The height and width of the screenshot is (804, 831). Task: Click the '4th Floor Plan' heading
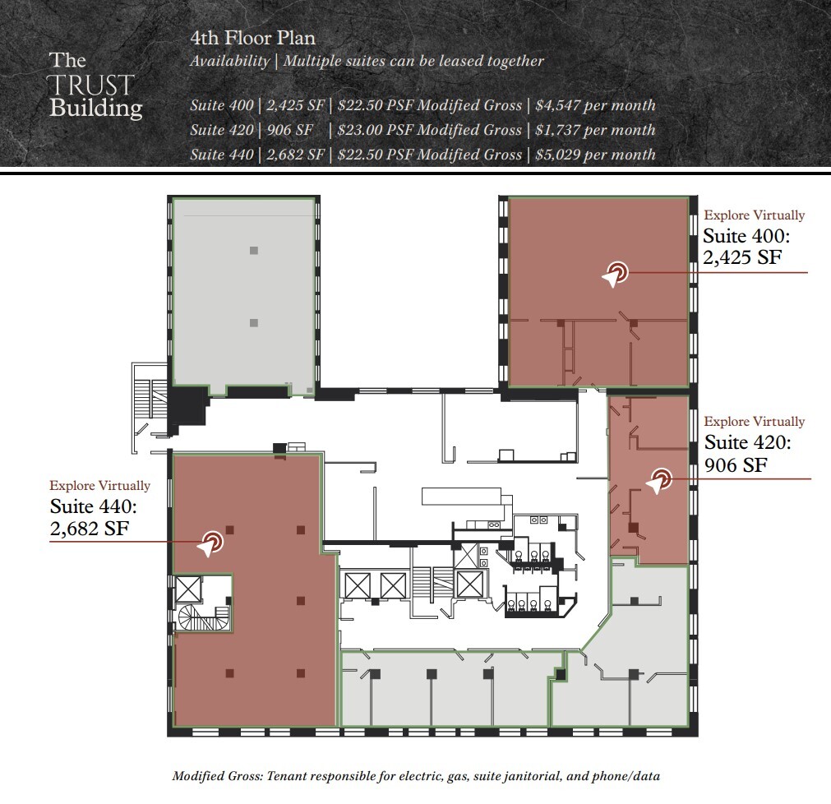point(252,38)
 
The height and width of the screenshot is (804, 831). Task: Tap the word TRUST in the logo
point(90,85)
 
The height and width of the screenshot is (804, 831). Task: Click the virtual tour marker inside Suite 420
point(658,481)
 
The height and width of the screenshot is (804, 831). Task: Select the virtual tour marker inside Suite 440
point(210,543)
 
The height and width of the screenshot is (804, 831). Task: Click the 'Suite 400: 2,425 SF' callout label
point(746,247)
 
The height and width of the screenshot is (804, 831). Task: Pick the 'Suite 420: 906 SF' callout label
point(748,454)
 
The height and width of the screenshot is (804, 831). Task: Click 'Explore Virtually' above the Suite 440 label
point(99,486)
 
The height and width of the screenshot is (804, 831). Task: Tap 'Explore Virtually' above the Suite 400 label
point(754,215)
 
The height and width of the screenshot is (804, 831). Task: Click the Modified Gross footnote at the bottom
point(416,776)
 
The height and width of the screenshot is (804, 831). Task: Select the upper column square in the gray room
point(254,251)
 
